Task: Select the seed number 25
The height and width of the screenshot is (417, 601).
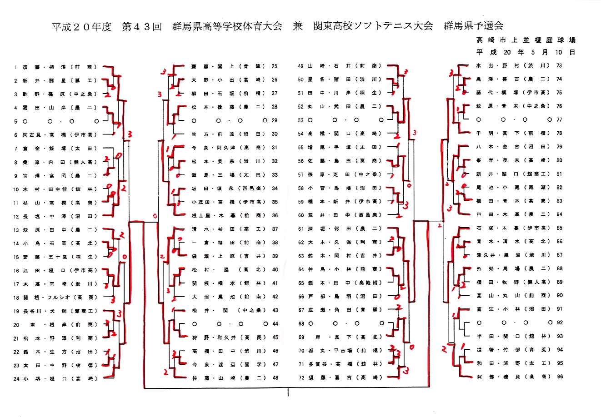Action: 274,66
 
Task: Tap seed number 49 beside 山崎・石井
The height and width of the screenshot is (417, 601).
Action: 300,66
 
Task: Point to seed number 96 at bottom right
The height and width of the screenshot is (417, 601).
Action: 559,377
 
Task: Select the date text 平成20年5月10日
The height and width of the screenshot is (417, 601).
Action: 526,52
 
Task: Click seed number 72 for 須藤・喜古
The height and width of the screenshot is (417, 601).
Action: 300,377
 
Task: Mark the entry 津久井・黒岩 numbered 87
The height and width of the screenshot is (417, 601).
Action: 512,255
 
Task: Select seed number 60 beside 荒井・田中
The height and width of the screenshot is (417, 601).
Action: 300,215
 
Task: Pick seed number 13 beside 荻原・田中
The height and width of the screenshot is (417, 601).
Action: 16,230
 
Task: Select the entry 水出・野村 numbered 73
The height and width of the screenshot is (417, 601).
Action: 512,65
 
